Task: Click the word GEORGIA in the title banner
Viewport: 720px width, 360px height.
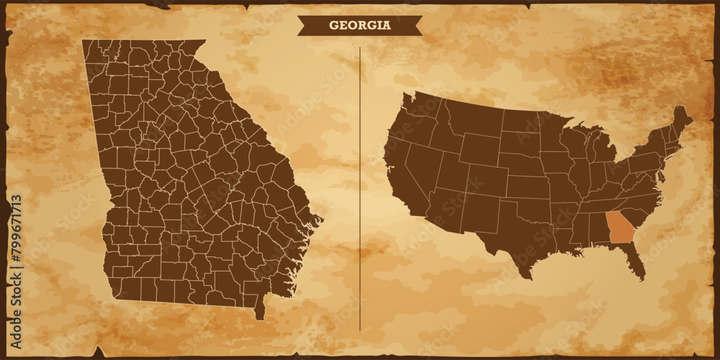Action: [x=360, y=25]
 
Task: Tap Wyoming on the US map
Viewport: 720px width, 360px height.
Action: [x=478, y=148]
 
